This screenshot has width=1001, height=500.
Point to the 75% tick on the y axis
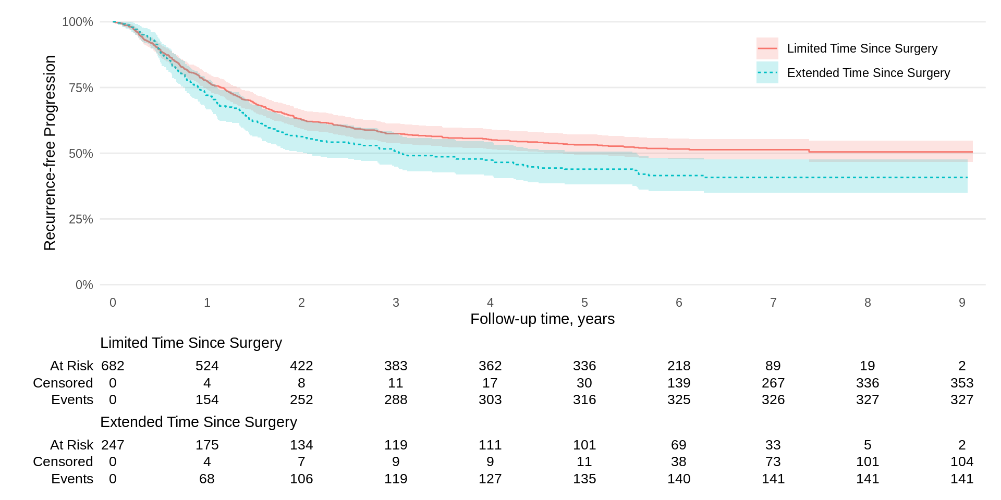tap(81, 88)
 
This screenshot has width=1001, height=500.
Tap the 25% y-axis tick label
tap(81, 219)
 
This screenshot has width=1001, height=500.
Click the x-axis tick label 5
tap(584, 303)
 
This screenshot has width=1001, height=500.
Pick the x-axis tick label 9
tap(962, 303)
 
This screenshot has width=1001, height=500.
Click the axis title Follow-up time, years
tap(542, 319)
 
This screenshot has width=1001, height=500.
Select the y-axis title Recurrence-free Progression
tap(50, 153)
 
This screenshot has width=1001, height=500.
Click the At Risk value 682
tap(113, 366)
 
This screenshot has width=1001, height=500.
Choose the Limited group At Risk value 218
tap(679, 366)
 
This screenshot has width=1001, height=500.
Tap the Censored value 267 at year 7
tap(773, 383)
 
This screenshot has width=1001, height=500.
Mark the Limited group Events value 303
tap(490, 399)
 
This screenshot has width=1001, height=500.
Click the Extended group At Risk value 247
tap(113, 445)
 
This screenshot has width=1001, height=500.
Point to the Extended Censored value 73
tap(773, 461)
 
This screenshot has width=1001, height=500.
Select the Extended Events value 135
tap(584, 479)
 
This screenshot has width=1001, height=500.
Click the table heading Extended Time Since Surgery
tap(198, 422)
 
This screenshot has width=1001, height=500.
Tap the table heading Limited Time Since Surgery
tap(191, 343)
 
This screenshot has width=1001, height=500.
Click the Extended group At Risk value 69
tap(679, 445)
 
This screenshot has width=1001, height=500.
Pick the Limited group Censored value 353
tap(962, 383)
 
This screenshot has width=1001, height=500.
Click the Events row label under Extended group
tap(72, 479)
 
